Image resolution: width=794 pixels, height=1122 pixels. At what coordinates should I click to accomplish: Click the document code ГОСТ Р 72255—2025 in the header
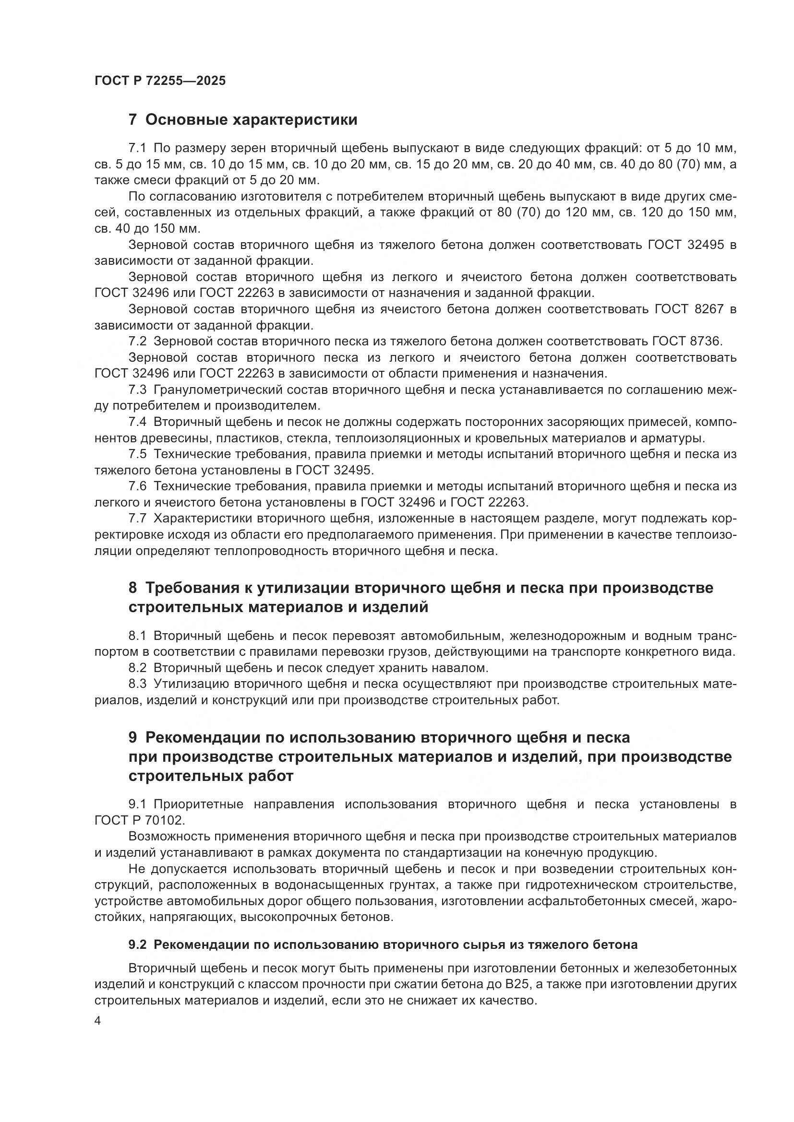click(x=160, y=81)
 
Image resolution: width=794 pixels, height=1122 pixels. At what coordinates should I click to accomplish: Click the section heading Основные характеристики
click(x=251, y=120)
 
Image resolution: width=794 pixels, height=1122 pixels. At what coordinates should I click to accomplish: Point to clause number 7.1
click(x=137, y=148)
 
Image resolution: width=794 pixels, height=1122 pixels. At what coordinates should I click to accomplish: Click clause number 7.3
click(x=137, y=390)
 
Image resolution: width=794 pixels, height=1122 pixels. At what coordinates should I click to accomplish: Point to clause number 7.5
click(x=137, y=454)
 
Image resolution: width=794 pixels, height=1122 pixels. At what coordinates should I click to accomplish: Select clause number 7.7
click(x=137, y=519)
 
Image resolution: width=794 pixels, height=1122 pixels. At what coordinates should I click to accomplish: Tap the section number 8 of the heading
click(x=132, y=588)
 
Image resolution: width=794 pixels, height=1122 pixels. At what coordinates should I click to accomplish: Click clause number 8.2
click(x=137, y=668)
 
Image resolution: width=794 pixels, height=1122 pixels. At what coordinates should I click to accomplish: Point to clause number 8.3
click(x=137, y=684)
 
